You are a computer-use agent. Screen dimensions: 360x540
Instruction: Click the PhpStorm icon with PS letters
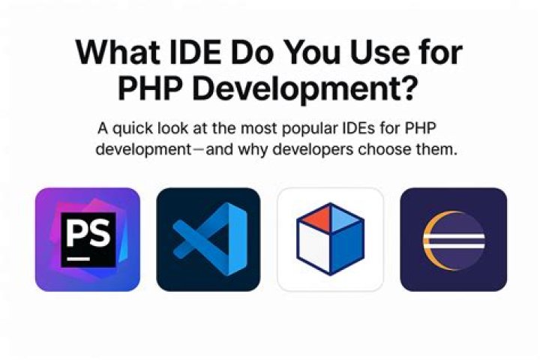click(88, 239)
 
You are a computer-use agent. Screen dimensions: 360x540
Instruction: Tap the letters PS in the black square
click(87, 233)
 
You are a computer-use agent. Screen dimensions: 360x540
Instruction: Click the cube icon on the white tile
click(330, 239)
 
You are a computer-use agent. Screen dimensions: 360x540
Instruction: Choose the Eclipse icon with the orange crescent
click(453, 239)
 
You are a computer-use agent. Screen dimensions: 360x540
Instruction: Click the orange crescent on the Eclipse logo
click(430, 239)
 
